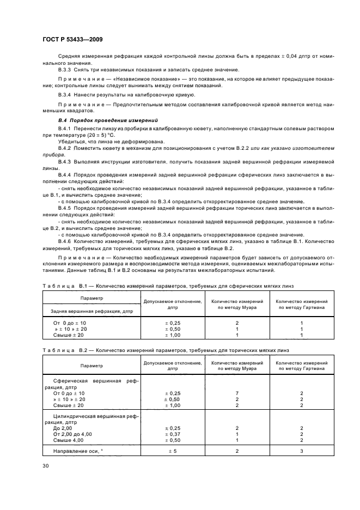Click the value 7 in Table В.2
[x=237, y=392]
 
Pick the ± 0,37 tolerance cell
[x=173, y=434]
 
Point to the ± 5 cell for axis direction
[x=173, y=451]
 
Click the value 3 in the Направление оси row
[x=301, y=451]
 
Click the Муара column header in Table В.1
[x=237, y=304]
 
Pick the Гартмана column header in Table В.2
[x=301, y=366]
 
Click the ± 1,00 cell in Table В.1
[x=173, y=335]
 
